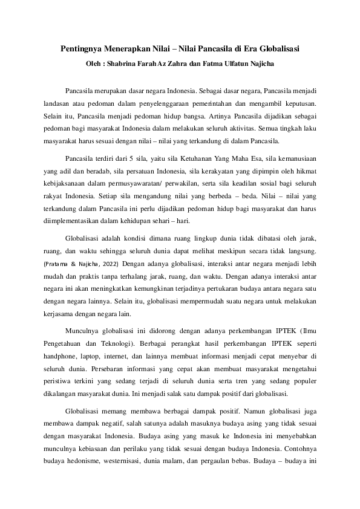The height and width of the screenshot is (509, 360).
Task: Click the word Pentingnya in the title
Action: pos(84,48)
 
